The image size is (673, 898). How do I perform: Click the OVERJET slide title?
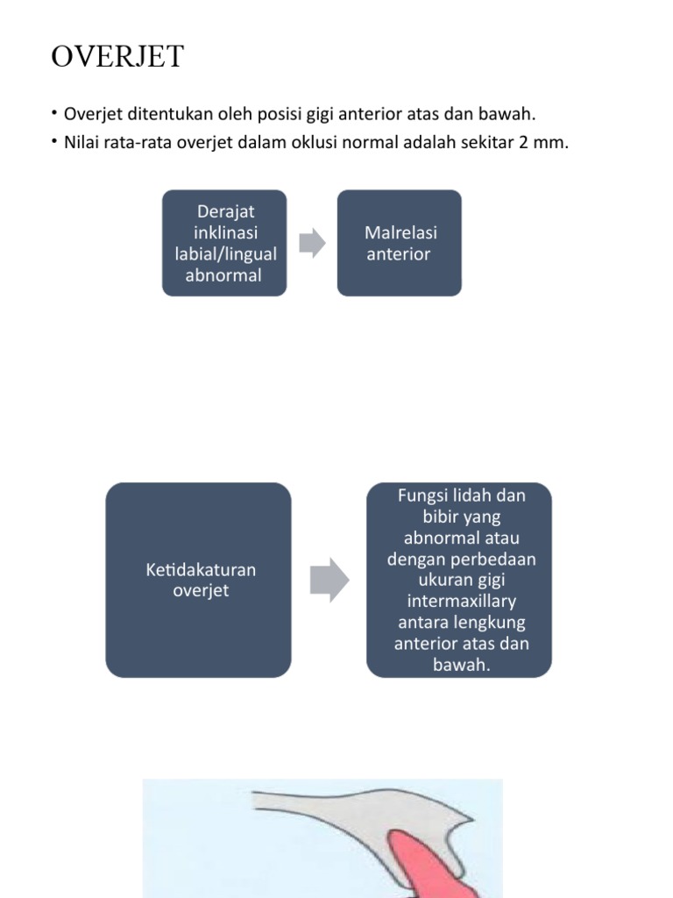tap(117, 56)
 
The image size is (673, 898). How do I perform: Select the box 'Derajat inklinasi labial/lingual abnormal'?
tap(224, 243)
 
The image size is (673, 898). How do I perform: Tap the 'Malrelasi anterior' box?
tap(400, 243)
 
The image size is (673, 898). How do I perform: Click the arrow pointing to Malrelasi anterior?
tap(312, 243)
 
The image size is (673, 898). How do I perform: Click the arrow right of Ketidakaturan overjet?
tap(329, 580)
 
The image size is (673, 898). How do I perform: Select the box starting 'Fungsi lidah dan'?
tap(458, 580)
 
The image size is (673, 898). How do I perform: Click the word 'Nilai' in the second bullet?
tap(81, 142)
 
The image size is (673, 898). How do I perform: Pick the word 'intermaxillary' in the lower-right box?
tap(462, 602)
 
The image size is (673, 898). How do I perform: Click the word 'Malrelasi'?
tap(400, 232)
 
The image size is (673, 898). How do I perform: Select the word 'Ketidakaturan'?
tap(200, 569)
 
